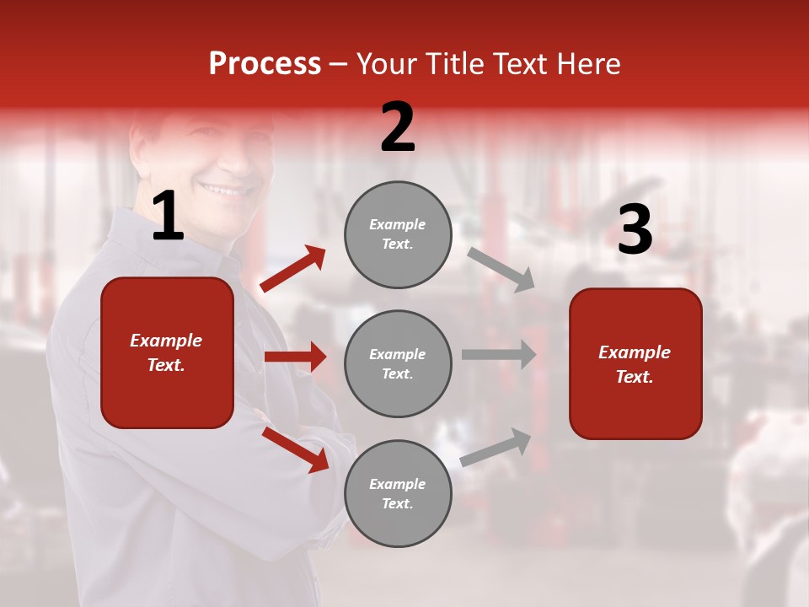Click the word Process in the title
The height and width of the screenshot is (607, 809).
265,64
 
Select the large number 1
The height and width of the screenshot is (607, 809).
168,217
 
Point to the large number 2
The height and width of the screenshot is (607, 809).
398,127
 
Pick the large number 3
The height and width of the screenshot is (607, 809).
635,229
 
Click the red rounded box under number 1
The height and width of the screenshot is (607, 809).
167,352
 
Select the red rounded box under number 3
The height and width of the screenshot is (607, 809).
635,363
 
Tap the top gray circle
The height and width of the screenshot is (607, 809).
398,234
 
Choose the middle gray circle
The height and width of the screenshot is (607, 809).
398,363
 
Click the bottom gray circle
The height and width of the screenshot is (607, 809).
398,493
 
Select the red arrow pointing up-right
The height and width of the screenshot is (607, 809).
293,269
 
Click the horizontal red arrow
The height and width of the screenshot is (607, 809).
295,357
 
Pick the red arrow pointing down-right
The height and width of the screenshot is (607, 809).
296,449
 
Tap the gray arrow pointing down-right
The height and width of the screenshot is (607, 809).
501,269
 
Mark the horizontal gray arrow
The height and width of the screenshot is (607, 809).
498,354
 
